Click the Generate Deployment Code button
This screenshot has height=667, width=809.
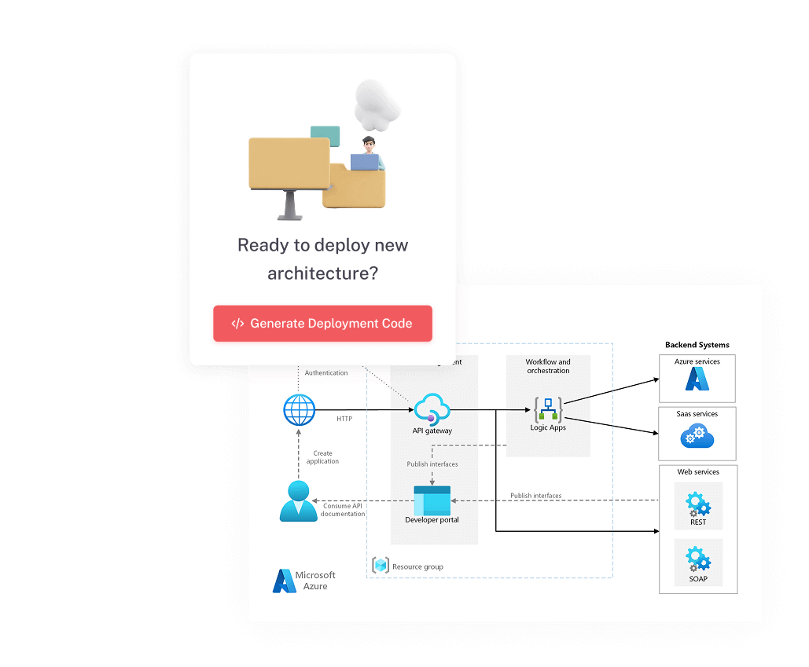tap(322, 324)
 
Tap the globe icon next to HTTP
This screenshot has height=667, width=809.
tap(299, 410)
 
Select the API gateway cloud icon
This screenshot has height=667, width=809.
tap(432, 409)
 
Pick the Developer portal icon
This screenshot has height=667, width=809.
tap(432, 500)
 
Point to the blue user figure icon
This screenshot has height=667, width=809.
tap(298, 502)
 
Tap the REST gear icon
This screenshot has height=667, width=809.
tap(697, 503)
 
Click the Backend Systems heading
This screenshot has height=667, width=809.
tap(697, 345)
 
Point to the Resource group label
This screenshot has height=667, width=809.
tap(417, 566)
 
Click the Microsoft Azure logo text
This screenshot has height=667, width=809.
tap(315, 581)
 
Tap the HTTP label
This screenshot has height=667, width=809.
tap(344, 419)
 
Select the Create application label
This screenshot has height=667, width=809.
tap(322, 457)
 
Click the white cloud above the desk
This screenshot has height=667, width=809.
tap(378, 104)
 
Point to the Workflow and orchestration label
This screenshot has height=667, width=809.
tap(548, 366)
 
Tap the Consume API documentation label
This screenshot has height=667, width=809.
tap(342, 510)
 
